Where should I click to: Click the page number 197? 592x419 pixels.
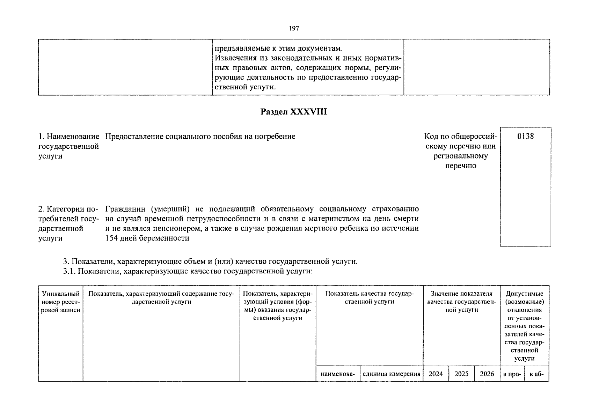[294, 29]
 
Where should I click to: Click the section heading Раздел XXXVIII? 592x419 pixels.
[294, 112]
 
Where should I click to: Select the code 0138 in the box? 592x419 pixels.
[525, 136]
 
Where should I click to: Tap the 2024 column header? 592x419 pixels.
[436, 374]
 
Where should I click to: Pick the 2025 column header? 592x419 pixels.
[461, 374]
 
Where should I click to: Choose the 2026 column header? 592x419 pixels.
[487, 374]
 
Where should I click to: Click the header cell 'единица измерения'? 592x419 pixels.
[391, 374]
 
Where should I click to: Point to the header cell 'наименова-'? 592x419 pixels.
[338, 374]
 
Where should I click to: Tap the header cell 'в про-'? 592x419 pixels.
[512, 374]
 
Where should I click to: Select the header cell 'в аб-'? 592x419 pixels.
[537, 374]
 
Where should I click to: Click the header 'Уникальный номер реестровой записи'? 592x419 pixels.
[61, 302]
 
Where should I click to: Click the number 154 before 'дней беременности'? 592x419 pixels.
[111, 238]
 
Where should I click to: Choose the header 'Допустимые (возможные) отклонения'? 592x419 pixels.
[524, 302]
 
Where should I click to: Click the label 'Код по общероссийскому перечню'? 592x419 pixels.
[460, 146]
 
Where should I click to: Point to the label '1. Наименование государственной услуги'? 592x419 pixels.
[69, 146]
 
